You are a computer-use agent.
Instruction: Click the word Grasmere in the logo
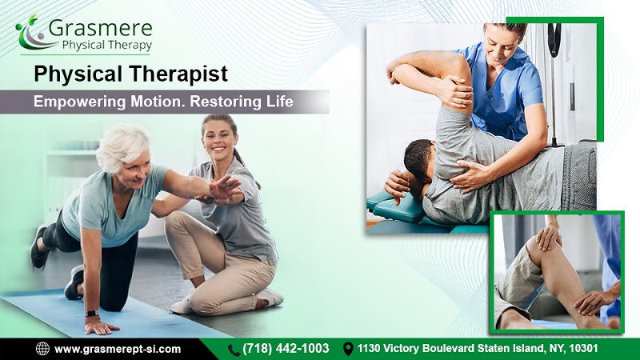click(x=101, y=28)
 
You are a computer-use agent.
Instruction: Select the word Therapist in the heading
click(x=178, y=74)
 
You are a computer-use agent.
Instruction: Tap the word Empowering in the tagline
click(x=79, y=102)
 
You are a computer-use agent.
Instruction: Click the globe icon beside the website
click(x=42, y=349)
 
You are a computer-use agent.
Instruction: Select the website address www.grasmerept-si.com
click(x=118, y=350)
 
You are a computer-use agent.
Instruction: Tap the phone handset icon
click(x=234, y=350)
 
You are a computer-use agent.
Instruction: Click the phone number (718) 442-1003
click(x=286, y=348)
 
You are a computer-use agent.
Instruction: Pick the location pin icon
click(x=348, y=349)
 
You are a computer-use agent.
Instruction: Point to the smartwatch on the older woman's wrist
click(x=92, y=314)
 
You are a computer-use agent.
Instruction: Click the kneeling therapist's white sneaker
click(x=270, y=296)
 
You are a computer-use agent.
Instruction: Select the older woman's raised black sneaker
click(x=39, y=247)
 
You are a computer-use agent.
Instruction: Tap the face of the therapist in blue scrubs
click(x=498, y=46)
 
